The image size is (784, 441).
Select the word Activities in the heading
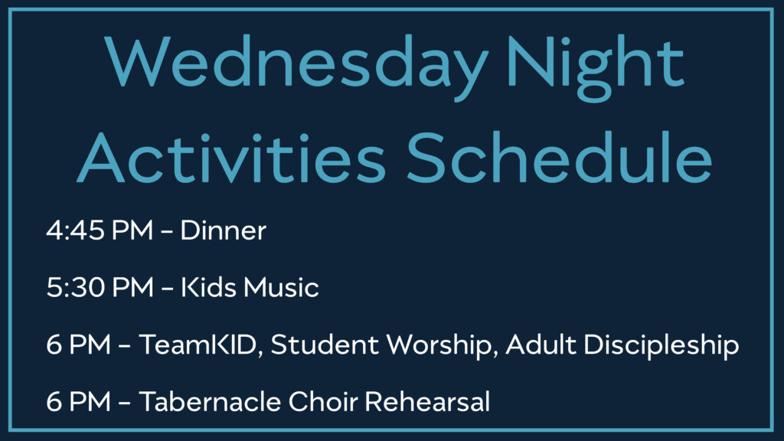231,158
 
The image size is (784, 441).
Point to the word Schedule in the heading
560,158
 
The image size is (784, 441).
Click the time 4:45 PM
100,230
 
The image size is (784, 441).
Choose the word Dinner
223,230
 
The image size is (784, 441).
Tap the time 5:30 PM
100,288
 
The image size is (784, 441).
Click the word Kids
208,288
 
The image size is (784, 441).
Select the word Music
282,288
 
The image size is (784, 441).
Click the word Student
325,345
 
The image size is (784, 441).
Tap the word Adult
541,345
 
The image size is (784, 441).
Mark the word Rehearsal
427,401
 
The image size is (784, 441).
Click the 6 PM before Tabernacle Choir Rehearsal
78,401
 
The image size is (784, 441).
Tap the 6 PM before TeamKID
78,345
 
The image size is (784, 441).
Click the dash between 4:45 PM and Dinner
167,232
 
